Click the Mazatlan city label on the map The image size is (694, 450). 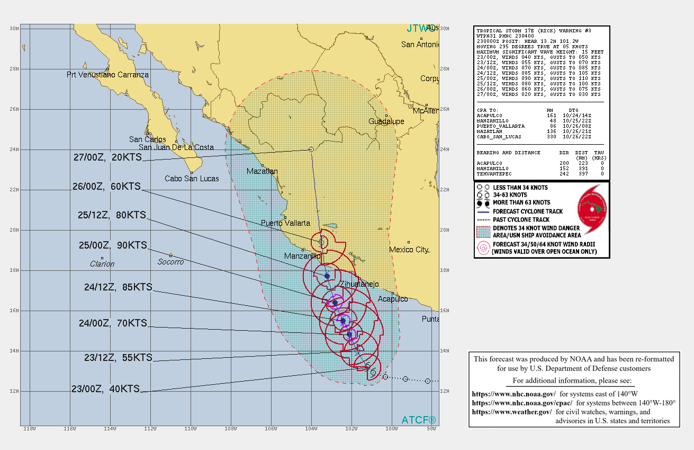(262, 171)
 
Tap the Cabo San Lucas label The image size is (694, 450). (192, 179)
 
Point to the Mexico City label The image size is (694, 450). (409, 249)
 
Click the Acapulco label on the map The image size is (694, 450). (393, 299)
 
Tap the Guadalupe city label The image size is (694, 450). (386, 121)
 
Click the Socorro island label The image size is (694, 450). (170, 262)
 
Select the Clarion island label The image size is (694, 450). (102, 263)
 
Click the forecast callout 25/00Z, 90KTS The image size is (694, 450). (109, 245)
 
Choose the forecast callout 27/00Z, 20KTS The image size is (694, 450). (108, 157)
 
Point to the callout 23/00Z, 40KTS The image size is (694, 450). (106, 389)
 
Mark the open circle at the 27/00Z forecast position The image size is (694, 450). (311, 150)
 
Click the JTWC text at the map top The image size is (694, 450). (422, 28)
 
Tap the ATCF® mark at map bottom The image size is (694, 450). (419, 420)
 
